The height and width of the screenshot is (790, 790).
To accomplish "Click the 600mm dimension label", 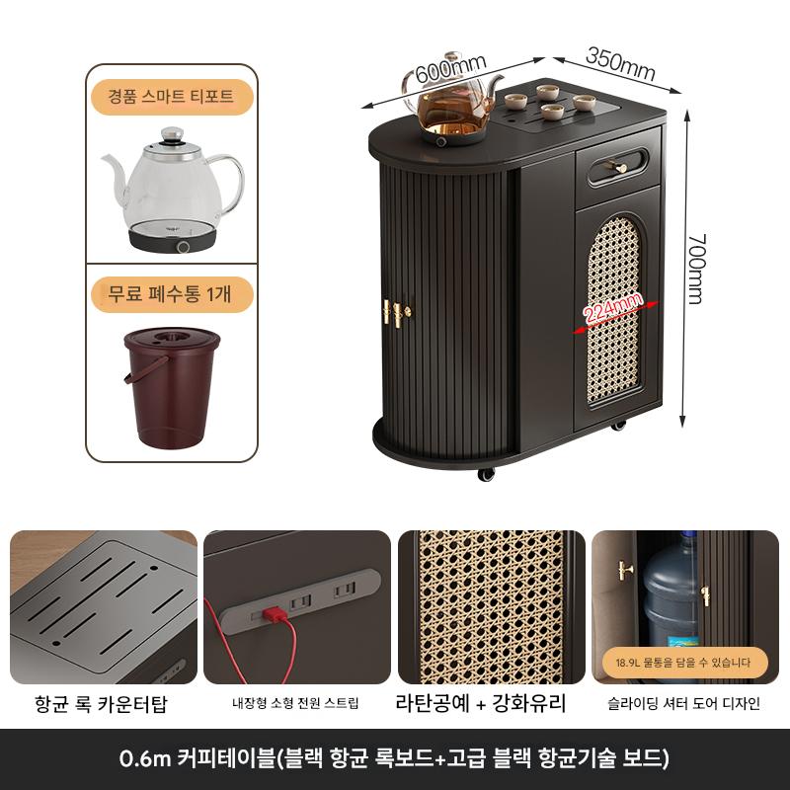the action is point(451,68).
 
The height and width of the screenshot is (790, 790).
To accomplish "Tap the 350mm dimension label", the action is point(621,64).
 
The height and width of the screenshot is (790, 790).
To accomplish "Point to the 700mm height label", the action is point(697,269).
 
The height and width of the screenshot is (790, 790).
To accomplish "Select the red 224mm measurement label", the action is point(612,307).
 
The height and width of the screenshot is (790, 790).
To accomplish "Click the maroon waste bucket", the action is point(172,387).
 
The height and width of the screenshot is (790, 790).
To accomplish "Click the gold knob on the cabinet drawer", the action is point(619,167).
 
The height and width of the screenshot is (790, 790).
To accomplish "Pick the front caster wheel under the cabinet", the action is point(486,474).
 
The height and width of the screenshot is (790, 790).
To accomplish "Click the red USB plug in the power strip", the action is point(275,614).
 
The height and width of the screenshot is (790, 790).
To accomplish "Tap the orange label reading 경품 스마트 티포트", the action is point(171,96).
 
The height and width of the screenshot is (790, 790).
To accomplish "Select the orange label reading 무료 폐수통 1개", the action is point(171,293).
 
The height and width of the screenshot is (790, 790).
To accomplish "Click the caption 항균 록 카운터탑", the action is point(101,703).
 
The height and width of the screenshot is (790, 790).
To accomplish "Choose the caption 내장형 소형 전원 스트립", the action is point(295,703).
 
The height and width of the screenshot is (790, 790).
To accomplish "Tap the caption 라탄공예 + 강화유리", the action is point(481,703).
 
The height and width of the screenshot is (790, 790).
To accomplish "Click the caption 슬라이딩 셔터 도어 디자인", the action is point(683,703).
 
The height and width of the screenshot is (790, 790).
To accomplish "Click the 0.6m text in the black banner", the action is point(145,757).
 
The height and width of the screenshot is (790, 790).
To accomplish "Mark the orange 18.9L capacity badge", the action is point(682,663).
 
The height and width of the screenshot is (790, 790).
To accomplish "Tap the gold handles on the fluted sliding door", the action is point(396,313).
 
